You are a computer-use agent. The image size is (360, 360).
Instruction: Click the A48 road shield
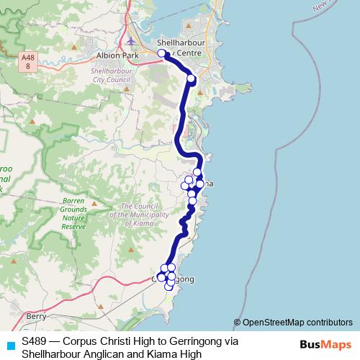point(28,60)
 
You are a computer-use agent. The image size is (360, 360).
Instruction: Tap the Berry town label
point(35,315)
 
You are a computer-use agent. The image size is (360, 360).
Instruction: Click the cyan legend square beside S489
point(9,345)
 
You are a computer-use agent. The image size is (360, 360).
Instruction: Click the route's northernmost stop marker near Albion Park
point(162,53)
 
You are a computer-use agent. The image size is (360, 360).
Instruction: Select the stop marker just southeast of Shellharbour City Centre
point(191,78)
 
